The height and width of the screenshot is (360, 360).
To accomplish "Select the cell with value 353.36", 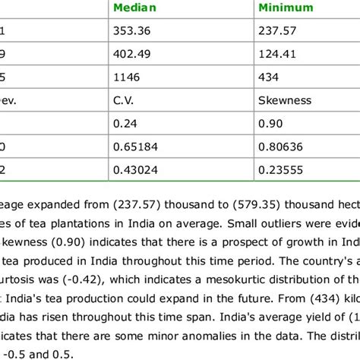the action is (x=131, y=32).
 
